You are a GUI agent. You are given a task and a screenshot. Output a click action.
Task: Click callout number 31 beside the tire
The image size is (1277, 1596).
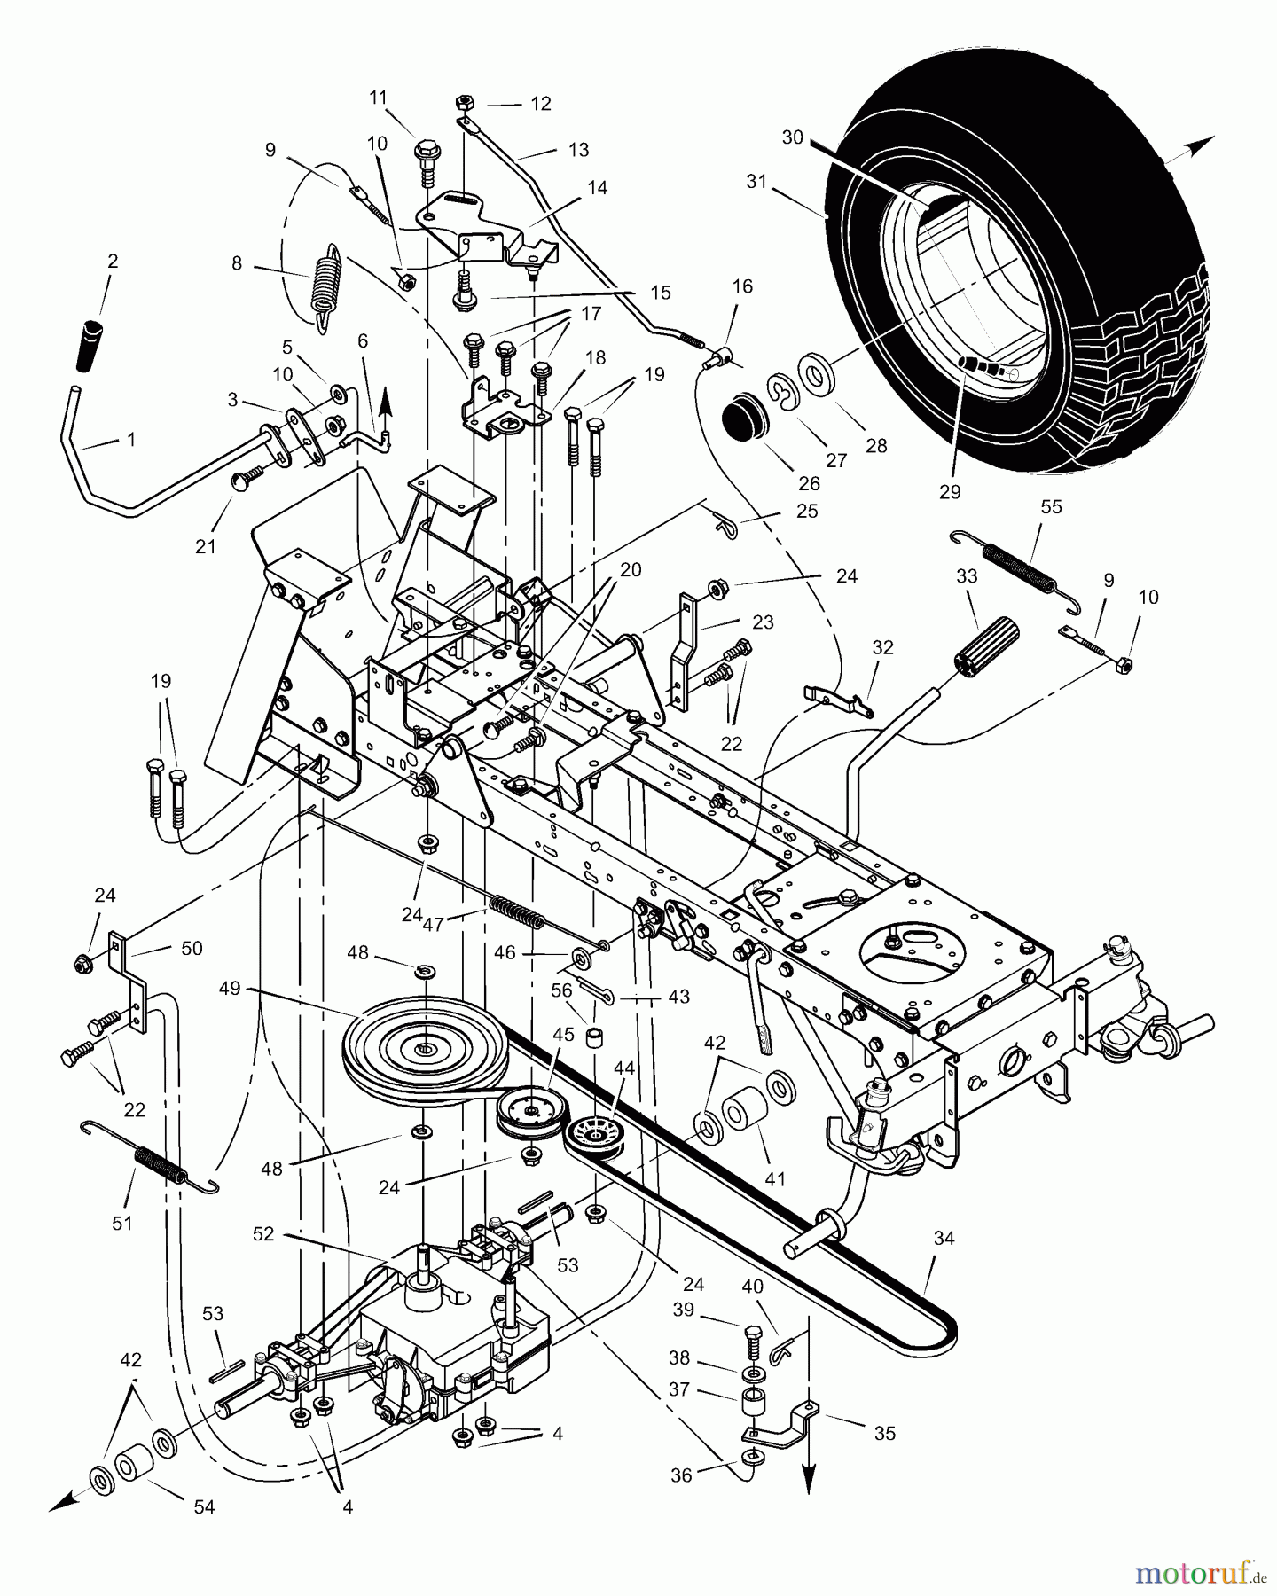pyautogui.click(x=756, y=182)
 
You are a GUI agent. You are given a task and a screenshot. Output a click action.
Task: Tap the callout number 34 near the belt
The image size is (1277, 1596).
pyautogui.click(x=944, y=1238)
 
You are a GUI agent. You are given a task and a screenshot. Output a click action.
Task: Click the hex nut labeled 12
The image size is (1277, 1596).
pyautogui.click(x=464, y=104)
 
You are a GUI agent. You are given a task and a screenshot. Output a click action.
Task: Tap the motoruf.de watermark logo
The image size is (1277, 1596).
pyautogui.click(x=1202, y=1572)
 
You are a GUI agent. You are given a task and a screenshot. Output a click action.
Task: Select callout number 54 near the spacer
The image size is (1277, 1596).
pyautogui.click(x=204, y=1506)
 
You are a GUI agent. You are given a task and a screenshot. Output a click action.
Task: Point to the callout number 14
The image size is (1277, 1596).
pyautogui.click(x=597, y=188)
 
